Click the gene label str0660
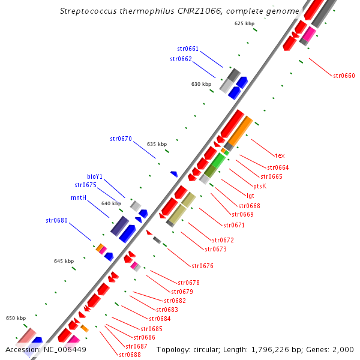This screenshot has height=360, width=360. tap(344, 76)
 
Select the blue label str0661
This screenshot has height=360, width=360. tap(188, 49)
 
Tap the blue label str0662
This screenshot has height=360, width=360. tap(181, 59)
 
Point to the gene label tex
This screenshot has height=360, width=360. tap(280, 155)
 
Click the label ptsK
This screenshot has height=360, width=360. tap(260, 186)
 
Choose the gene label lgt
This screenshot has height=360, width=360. tap(250, 196)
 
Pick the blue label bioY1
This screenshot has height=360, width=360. tap(95, 176)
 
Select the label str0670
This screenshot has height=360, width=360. tap(121, 139)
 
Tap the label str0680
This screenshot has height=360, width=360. tap(56, 220)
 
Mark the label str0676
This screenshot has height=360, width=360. tap(202, 266)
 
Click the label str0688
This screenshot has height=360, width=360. tap(130, 355)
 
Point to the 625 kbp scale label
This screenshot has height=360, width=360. tap(244, 23)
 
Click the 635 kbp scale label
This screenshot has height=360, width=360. tap(157, 144)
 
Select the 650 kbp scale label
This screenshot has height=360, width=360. tap(16, 318)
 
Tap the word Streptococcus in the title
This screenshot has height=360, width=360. tap(89, 11)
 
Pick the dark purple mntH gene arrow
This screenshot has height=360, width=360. tap(119, 226)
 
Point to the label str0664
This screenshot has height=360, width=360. tap(278, 167)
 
